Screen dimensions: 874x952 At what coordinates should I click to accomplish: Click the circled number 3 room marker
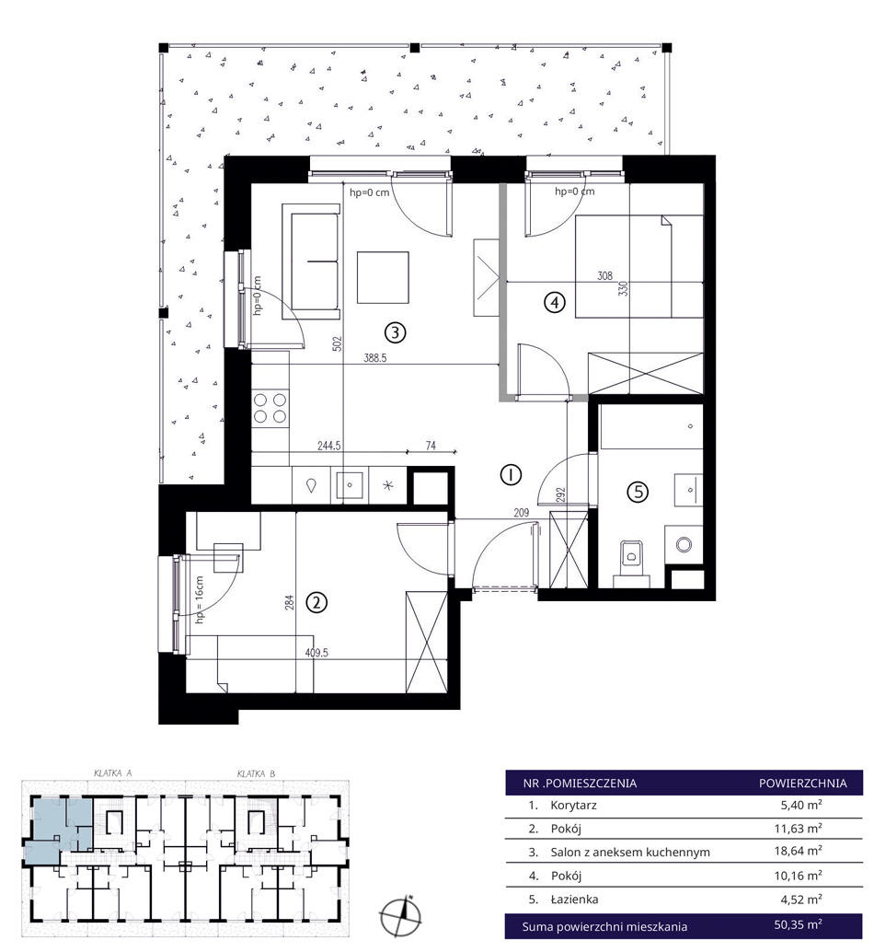(x=396, y=332)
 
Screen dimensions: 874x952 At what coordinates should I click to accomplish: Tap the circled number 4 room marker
(x=555, y=302)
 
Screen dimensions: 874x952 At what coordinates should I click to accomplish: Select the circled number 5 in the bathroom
(x=638, y=491)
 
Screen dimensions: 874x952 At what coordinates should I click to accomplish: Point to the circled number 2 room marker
(x=316, y=602)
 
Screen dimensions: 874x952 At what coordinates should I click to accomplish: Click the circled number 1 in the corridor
(x=511, y=475)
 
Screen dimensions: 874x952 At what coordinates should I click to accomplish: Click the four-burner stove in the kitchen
(x=270, y=408)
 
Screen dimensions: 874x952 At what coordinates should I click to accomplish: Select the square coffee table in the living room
(x=383, y=277)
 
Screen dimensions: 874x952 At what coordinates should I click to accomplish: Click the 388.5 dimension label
(x=374, y=358)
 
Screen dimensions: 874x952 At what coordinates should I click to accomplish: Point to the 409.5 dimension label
(x=316, y=654)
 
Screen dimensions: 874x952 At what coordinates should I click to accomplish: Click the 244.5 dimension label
(x=328, y=446)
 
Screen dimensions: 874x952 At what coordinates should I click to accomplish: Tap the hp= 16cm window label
(x=200, y=600)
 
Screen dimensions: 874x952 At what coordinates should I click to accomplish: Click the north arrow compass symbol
(x=400, y=916)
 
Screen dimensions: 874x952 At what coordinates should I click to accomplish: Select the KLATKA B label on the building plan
(x=256, y=773)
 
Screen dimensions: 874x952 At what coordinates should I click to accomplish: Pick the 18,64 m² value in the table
(x=799, y=851)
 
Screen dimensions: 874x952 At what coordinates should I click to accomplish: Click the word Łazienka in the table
(x=574, y=900)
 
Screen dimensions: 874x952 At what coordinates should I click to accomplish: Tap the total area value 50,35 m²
(x=799, y=924)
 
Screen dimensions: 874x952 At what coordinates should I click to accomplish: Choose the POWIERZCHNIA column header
(x=803, y=784)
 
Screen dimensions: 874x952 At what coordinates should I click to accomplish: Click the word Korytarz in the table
(x=574, y=806)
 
